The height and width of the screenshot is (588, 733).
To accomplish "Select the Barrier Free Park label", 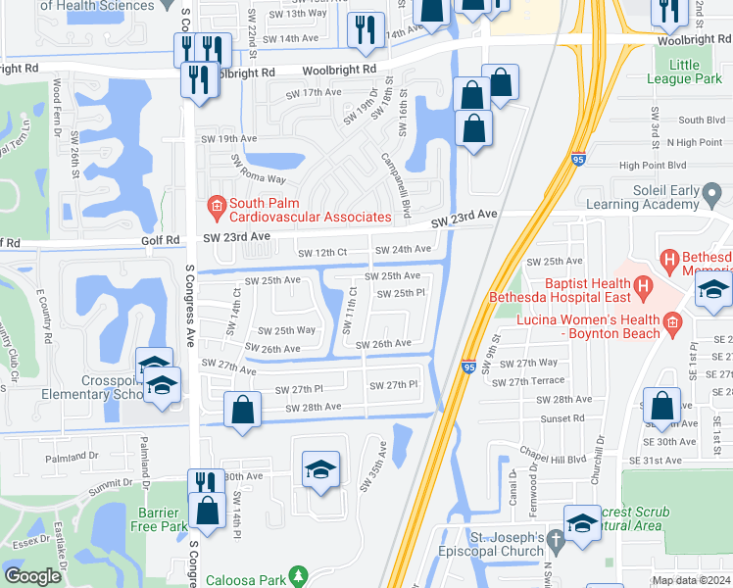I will point(159,517).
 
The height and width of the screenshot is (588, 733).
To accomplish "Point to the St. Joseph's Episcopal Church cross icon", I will point(557,539).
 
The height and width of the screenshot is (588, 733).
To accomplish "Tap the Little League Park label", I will point(685,72).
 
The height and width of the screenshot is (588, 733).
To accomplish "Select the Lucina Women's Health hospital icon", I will point(673,321).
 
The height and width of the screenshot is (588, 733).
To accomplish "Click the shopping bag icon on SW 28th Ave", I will point(242,410).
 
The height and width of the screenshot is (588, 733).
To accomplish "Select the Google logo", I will point(32,576).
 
